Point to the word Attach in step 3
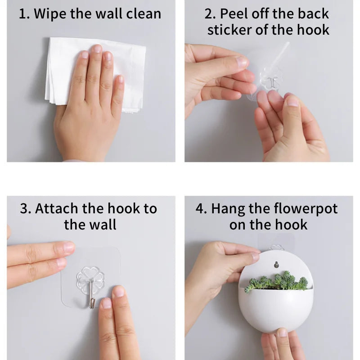point(57,209)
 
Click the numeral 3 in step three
point(24,209)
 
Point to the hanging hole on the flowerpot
point(276,265)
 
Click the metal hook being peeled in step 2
point(273,83)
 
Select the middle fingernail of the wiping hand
point(97,49)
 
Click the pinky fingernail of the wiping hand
point(120,79)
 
